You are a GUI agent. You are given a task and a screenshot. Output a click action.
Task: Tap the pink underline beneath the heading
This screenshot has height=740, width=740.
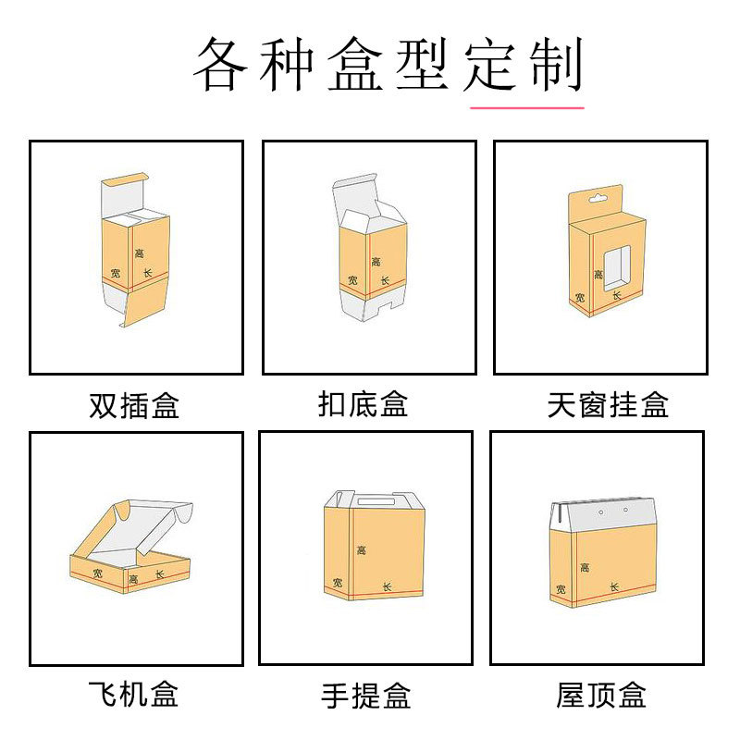click(527, 108)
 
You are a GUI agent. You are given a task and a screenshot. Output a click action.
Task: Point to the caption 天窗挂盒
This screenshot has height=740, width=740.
click(608, 405)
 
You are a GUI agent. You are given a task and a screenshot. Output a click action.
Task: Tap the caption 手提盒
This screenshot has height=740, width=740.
click(365, 695)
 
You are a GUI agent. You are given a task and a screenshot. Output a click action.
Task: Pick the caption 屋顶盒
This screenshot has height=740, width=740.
click(601, 695)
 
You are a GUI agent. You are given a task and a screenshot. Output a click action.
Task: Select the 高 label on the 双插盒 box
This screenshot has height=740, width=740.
click(140, 253)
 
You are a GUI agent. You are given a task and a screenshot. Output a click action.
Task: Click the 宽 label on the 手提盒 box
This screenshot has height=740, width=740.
click(338, 582)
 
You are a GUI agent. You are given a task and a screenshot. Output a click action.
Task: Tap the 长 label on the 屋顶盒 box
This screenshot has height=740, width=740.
click(613, 586)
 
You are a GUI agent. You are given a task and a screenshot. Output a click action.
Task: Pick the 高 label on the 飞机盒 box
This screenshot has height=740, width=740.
click(134, 580)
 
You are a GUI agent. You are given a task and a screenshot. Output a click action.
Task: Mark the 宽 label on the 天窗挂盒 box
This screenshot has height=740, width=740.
click(580, 298)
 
